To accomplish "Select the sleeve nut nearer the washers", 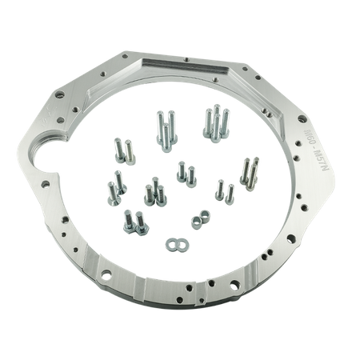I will click(x=193, y=218).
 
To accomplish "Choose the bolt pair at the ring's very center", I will click(x=186, y=170).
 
